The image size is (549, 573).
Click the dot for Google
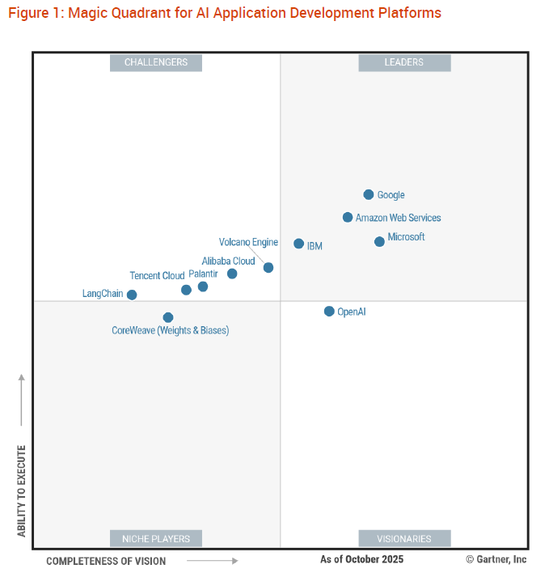pyautogui.click(x=369, y=194)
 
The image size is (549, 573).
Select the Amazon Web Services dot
pyautogui.click(x=348, y=217)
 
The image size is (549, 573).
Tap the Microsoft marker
pyautogui.click(x=379, y=241)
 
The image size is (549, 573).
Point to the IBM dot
pyautogui.click(x=299, y=244)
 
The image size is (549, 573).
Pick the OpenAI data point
pyautogui.click(x=329, y=311)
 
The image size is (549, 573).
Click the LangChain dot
pyautogui.click(x=132, y=295)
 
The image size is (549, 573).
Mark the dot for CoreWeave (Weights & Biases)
pyautogui.click(x=168, y=317)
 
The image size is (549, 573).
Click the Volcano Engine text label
pyautogui.click(x=248, y=242)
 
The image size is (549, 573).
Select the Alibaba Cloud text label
pyautogui.click(x=228, y=261)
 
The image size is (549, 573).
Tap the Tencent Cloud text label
pyautogui.click(x=157, y=275)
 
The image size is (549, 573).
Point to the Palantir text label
pyautogui.click(x=203, y=274)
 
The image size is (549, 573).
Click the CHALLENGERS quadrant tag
pyautogui.click(x=156, y=62)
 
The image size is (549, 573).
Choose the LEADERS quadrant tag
pyautogui.click(x=404, y=62)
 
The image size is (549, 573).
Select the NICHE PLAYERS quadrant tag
pyautogui.click(x=156, y=538)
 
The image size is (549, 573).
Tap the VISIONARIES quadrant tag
pyautogui.click(x=404, y=538)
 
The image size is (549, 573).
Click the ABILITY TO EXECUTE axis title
pyautogui.click(x=22, y=490)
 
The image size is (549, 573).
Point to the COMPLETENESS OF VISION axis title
pyautogui.click(x=106, y=561)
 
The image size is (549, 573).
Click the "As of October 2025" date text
pyautogui.click(x=361, y=559)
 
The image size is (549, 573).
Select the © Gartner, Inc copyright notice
pyautogui.click(x=496, y=559)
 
